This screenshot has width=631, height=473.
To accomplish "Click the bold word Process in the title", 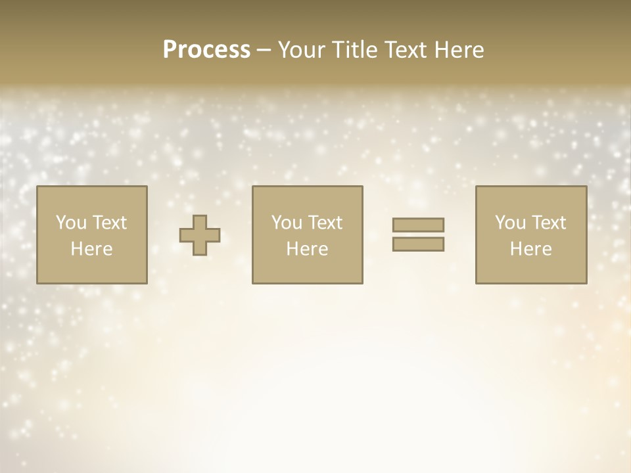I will tap(206, 50).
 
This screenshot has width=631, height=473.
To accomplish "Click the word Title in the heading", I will tap(354, 50).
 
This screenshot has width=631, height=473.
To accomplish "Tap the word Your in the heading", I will tap(301, 50).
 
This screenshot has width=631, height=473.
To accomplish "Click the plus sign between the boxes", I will tap(200, 235).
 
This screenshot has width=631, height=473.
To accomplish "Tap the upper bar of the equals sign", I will tap(418, 225).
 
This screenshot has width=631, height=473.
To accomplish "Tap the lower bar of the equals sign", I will tap(418, 244).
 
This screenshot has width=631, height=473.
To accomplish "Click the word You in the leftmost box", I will tap(70, 223).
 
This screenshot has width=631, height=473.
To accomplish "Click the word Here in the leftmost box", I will tap(92, 249).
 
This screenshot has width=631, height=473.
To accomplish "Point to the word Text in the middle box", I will tap(325, 223).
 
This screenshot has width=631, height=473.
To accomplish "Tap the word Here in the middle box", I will tap(308, 249).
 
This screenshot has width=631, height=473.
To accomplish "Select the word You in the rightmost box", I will tap(509, 223).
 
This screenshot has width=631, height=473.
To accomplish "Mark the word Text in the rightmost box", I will tap(548, 223).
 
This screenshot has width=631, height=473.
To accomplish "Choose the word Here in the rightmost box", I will tap(531, 249).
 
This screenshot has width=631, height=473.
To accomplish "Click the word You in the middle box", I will tap(286, 223).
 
